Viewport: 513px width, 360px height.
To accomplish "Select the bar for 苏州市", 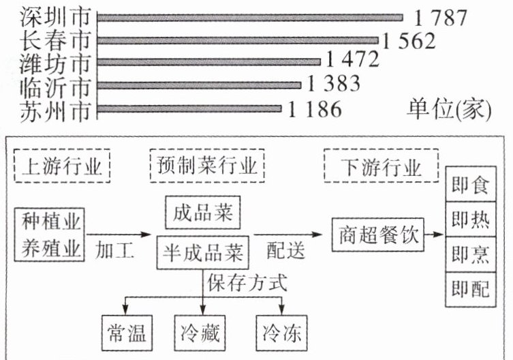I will [x=189, y=108].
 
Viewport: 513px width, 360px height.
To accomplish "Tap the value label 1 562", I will [x=408, y=40].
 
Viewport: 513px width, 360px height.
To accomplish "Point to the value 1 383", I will [x=333, y=85].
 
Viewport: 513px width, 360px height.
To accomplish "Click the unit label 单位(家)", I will [x=449, y=108].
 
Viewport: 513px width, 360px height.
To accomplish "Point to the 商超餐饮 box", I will [x=377, y=238].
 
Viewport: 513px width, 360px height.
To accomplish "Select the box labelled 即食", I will [x=470, y=185].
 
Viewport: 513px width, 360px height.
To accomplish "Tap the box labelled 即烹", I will [x=470, y=255].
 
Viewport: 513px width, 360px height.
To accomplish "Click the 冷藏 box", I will [x=203, y=333].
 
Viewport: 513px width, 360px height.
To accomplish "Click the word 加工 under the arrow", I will [x=114, y=252].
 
